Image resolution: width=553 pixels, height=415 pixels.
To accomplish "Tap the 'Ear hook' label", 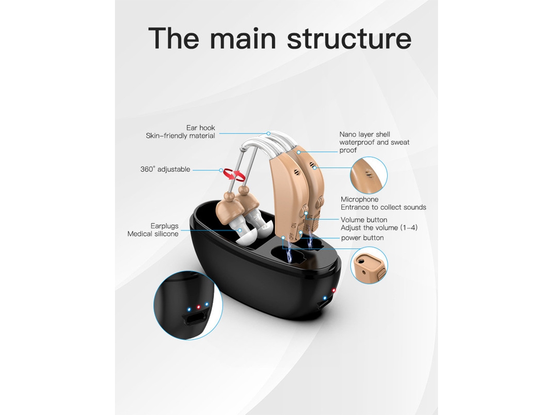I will [200, 128].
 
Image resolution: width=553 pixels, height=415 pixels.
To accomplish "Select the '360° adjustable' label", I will [165, 169].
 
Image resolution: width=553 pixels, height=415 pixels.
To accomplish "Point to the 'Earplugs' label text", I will [164, 226].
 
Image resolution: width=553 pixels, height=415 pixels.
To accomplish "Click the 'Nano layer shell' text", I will [364, 134].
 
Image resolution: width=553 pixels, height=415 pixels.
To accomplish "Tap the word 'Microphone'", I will [359, 199].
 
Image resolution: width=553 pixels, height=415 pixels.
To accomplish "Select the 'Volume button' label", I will [364, 220].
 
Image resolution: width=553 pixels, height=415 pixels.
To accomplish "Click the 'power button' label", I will [362, 238].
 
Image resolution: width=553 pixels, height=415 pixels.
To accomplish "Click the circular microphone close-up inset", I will [369, 175].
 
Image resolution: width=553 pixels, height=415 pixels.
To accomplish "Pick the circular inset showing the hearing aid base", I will [369, 265].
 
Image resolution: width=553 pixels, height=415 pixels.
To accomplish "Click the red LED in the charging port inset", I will [198, 307].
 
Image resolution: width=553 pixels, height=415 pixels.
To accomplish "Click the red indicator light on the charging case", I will [334, 290].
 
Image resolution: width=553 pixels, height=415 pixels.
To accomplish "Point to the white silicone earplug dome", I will [249, 238].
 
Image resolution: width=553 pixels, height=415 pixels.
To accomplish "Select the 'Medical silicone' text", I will [153, 234].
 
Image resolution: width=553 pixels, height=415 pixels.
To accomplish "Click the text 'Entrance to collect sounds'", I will [383, 207].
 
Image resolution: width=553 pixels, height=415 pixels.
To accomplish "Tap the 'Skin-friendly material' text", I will [180, 136].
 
